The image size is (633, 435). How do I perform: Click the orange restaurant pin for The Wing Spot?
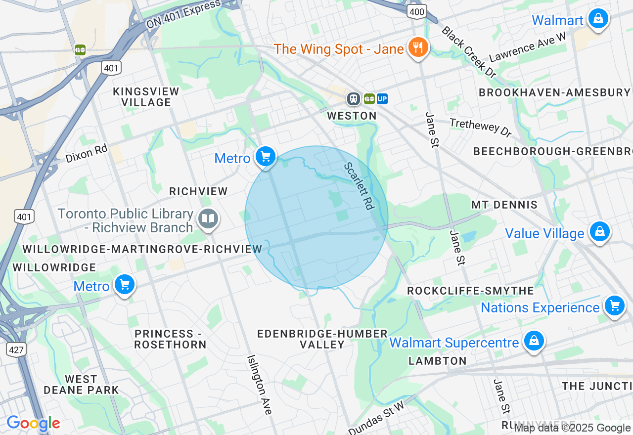pyautogui.click(x=418, y=47)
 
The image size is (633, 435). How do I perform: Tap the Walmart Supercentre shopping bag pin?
pyautogui.click(x=534, y=341)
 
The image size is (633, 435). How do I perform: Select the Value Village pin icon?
pyautogui.click(x=599, y=231)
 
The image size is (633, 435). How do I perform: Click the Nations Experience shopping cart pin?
pyautogui.click(x=615, y=306)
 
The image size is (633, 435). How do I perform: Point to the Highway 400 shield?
pyautogui.click(x=417, y=11)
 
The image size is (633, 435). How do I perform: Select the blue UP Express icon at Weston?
pyautogui.click(x=382, y=99)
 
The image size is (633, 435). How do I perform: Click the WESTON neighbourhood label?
pyautogui.click(x=352, y=116)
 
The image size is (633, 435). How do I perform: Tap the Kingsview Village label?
pyautogui.click(x=146, y=97)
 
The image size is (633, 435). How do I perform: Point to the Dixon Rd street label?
pyautogui.click(x=87, y=153)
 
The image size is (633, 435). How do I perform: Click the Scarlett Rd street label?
pyautogui.click(x=359, y=186)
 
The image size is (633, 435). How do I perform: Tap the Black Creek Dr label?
pyautogui.click(x=468, y=51)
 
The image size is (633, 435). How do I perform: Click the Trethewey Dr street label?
pyautogui.click(x=480, y=128)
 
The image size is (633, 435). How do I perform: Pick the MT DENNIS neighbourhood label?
pyautogui.click(x=504, y=205)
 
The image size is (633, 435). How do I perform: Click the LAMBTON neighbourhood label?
pyautogui.click(x=438, y=361)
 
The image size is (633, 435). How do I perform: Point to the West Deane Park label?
pyautogui.click(x=81, y=385)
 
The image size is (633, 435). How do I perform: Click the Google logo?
pyautogui.click(x=33, y=424)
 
